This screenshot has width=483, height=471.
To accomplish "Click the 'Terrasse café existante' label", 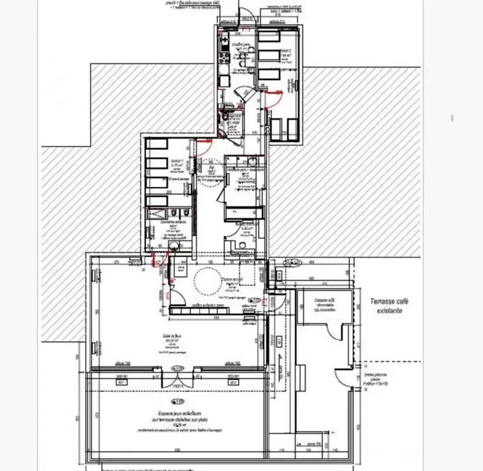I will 389,306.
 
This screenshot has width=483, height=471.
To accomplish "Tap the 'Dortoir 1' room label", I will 176,162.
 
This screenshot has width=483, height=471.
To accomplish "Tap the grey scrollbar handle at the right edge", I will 452,118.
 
